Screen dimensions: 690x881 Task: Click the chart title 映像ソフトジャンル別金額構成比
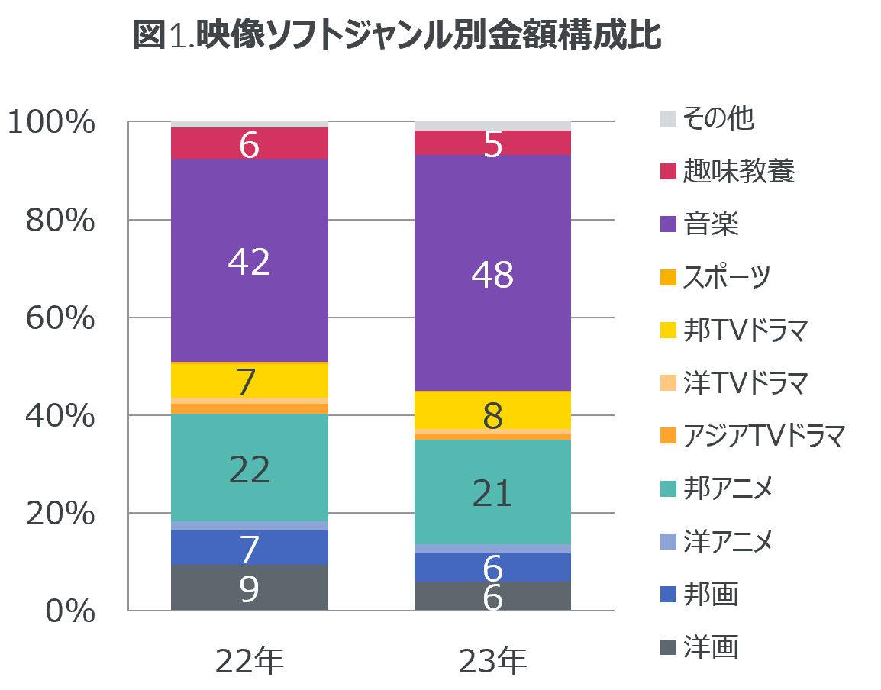[396, 36]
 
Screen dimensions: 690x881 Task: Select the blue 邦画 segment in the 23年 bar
[492, 566]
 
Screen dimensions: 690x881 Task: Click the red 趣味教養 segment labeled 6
[249, 143]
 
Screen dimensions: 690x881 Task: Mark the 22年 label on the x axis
[249, 661]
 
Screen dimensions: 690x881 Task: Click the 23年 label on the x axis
[492, 661]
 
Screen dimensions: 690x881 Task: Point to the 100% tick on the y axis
[51, 122]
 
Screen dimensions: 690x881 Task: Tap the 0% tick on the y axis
[70, 611]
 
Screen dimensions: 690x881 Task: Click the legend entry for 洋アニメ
[728, 541]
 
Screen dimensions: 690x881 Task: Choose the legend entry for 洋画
[710, 647]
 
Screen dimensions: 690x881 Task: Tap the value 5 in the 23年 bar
[492, 144]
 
